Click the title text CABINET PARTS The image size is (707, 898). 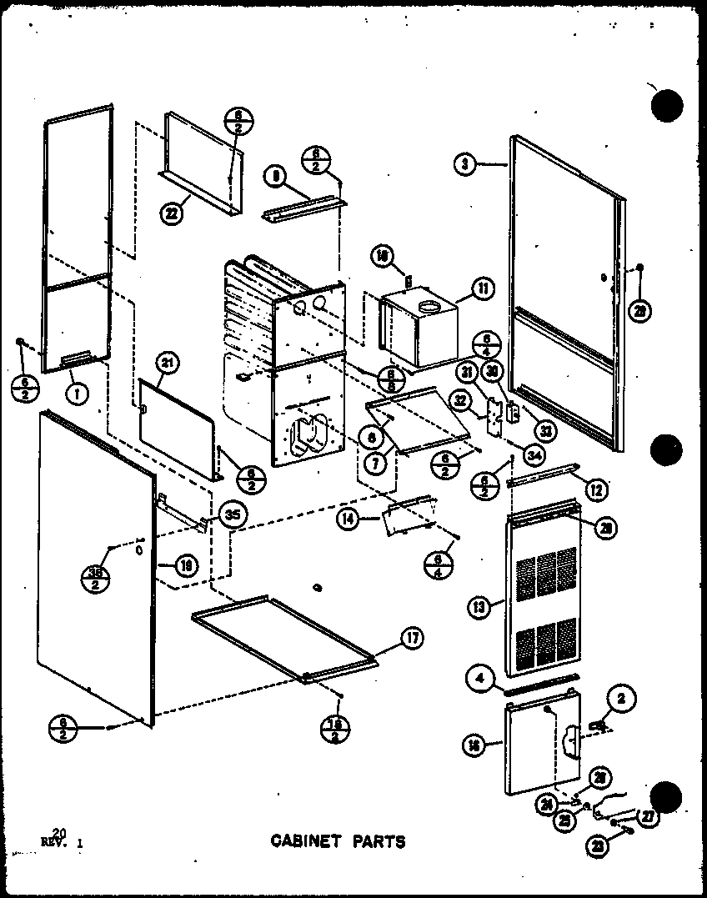(338, 840)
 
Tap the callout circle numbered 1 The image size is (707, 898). (77, 396)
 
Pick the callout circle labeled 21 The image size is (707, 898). (167, 362)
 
